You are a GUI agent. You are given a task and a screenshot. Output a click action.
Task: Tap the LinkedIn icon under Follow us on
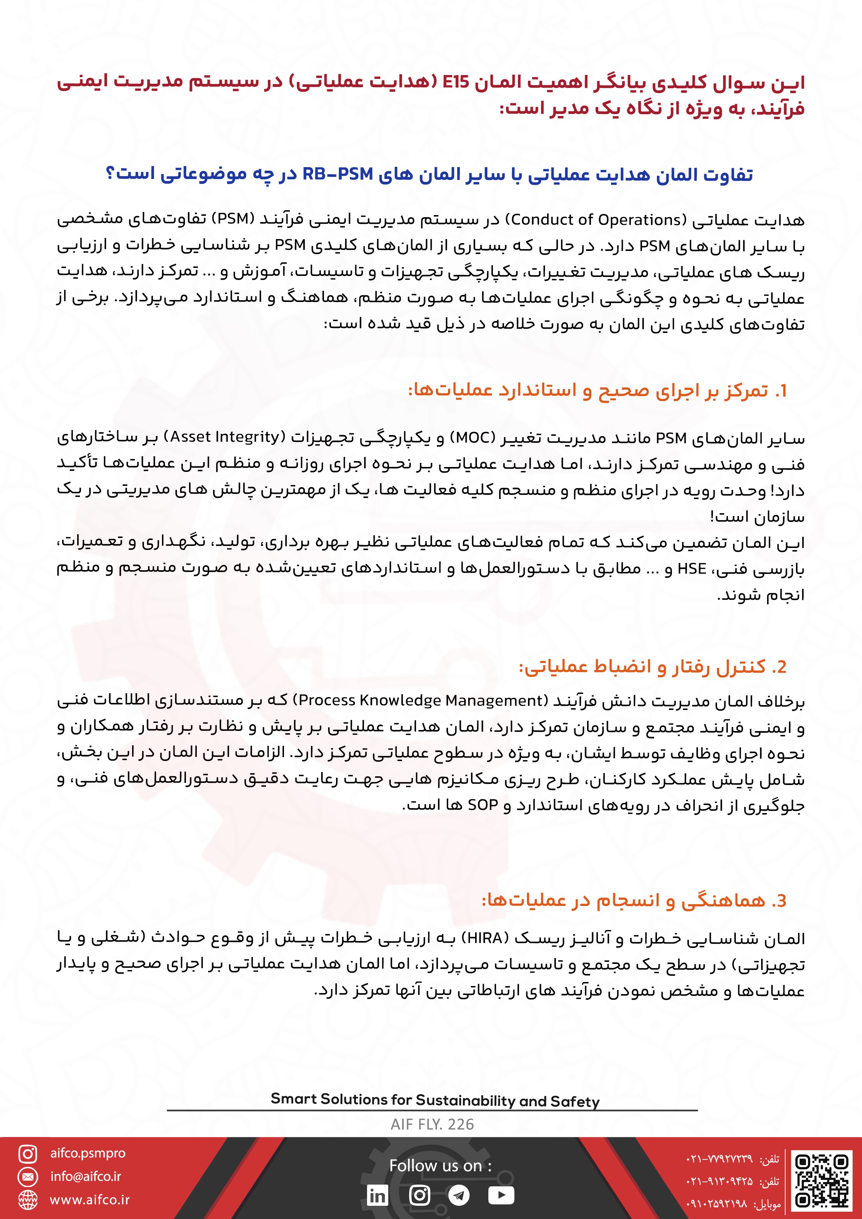pyautogui.click(x=377, y=1195)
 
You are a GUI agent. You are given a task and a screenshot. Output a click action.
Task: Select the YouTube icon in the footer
pyautogui.click(x=501, y=1195)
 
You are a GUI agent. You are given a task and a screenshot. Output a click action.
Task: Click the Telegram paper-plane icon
pyautogui.click(x=459, y=1195)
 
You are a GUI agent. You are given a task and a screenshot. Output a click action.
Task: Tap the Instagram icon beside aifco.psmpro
pyautogui.click(x=27, y=1154)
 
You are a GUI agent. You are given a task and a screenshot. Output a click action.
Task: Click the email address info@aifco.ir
pyautogui.click(x=86, y=1177)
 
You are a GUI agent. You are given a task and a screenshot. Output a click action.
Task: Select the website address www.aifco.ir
pyautogui.click(x=89, y=1200)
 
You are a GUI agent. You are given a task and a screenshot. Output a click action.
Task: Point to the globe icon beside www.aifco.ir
pyautogui.click(x=27, y=1200)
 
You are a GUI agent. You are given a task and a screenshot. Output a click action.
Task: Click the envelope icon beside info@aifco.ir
pyautogui.click(x=27, y=1177)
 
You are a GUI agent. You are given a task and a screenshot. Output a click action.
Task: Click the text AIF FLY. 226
pyautogui.click(x=432, y=1124)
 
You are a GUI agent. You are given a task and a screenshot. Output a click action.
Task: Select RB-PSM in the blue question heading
pyautogui.click(x=337, y=174)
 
